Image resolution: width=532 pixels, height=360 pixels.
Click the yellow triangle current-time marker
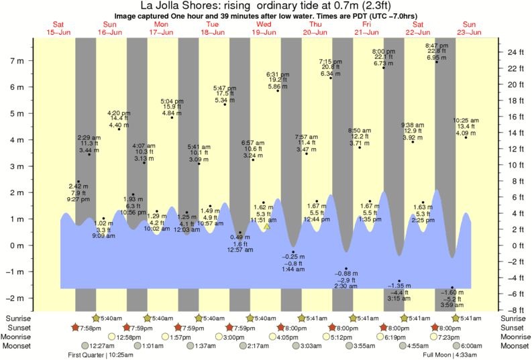pyautogui.click(x=267, y=227)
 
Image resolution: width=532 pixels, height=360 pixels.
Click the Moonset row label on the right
pyautogui.click(x=514, y=346)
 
